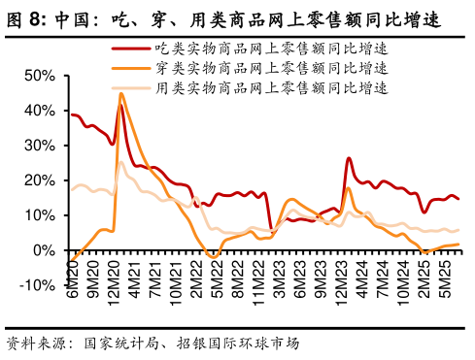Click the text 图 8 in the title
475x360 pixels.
pos(26,19)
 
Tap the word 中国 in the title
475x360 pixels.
pos(75,19)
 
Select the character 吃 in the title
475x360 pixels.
pos(119,19)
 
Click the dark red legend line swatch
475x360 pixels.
pos(131,48)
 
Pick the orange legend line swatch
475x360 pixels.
pos(131,69)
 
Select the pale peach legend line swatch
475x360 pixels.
pos(131,88)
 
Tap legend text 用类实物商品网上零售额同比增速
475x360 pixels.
pos(271,88)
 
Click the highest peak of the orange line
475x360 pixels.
pos(121,94)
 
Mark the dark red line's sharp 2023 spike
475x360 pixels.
pos(348,158)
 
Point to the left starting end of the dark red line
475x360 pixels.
pos(72,115)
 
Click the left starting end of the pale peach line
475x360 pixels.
pos(72,189)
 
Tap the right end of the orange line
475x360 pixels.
pos(458,245)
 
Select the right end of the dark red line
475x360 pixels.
pos(458,199)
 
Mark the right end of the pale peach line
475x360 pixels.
pos(458,230)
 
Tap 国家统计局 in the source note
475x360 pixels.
pos(120,343)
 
